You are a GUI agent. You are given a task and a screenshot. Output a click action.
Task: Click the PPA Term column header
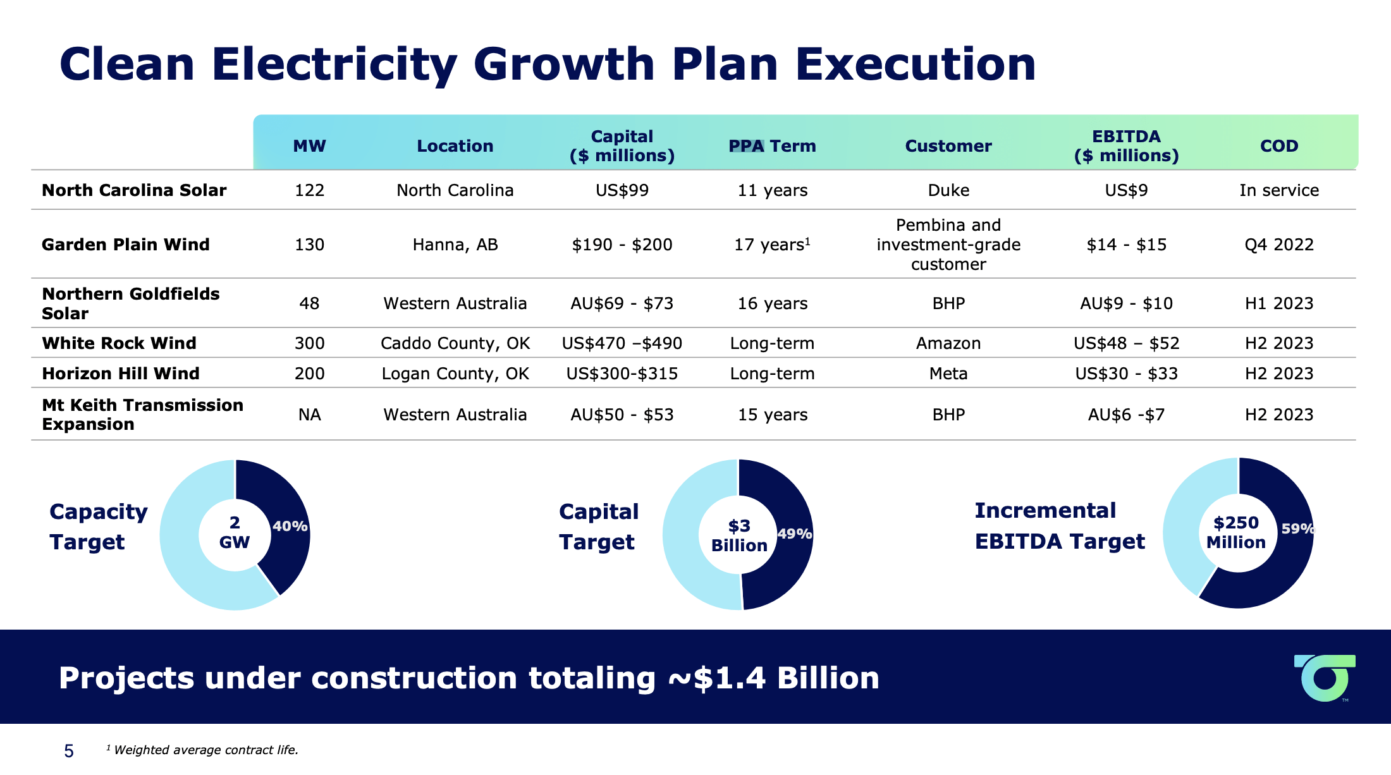(772, 146)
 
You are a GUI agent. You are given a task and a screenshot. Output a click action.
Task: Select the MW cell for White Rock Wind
(309, 343)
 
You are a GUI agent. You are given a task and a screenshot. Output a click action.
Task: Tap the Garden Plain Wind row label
(125, 245)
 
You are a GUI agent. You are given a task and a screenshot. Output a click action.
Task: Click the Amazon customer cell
(948, 343)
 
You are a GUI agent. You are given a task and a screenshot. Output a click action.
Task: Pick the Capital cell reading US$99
(622, 190)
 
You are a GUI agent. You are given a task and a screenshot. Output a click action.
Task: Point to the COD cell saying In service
(1278, 190)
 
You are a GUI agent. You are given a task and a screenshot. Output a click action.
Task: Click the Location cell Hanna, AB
(455, 245)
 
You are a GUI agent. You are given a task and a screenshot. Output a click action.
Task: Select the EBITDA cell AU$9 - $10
(1125, 303)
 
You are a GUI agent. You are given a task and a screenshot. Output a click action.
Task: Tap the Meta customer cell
(948, 374)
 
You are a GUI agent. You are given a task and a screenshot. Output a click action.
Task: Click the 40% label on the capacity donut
(290, 526)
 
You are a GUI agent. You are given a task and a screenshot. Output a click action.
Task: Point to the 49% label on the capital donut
(794, 534)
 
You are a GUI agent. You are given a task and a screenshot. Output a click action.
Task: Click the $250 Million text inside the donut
(1235, 532)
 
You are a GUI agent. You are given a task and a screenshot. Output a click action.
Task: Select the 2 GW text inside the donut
(235, 532)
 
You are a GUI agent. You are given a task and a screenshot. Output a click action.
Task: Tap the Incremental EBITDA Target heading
(1059, 526)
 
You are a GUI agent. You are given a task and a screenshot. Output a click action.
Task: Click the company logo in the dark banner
(1325, 678)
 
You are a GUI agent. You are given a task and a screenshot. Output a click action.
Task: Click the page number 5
(69, 751)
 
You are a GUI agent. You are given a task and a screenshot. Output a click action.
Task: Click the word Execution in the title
(915, 64)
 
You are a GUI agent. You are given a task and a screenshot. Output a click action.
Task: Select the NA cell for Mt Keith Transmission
(309, 415)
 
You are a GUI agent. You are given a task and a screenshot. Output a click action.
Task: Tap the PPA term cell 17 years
(771, 245)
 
